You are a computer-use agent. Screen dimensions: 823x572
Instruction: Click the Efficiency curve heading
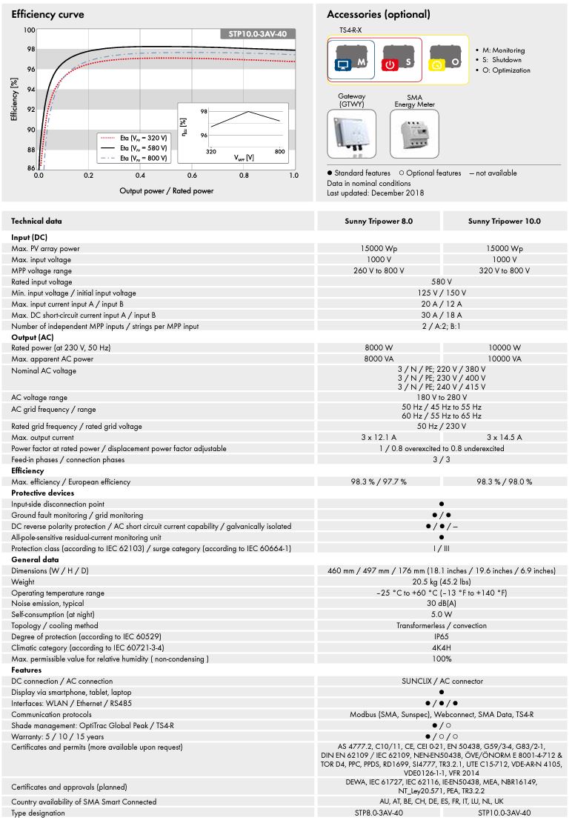tap(48, 14)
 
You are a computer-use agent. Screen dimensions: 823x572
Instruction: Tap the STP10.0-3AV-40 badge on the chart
tap(258, 33)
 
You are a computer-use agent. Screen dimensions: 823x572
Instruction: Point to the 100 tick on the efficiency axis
tap(29, 30)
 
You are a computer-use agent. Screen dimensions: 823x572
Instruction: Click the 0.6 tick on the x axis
tap(192, 176)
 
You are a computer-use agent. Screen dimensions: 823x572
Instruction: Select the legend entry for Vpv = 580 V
tap(134, 147)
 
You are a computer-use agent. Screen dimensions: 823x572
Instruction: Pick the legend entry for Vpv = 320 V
tap(134, 137)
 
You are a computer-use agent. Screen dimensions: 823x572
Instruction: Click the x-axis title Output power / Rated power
tap(166, 190)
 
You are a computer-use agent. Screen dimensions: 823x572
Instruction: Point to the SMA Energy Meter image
tap(414, 134)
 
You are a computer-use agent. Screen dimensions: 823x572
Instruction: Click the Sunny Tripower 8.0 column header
tap(379, 221)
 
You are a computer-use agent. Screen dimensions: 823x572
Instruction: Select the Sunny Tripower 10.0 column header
tap(504, 221)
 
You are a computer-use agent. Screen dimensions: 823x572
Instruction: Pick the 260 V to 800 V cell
tap(379, 270)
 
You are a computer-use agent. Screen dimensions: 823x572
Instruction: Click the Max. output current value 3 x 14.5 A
tap(504, 437)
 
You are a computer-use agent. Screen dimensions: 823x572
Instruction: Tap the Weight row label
tap(23, 582)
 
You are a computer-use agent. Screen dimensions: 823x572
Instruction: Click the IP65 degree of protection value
tap(442, 636)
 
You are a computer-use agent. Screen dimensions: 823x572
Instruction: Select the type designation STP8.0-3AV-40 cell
tap(379, 813)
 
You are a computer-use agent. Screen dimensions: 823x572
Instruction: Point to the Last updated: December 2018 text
tap(376, 193)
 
